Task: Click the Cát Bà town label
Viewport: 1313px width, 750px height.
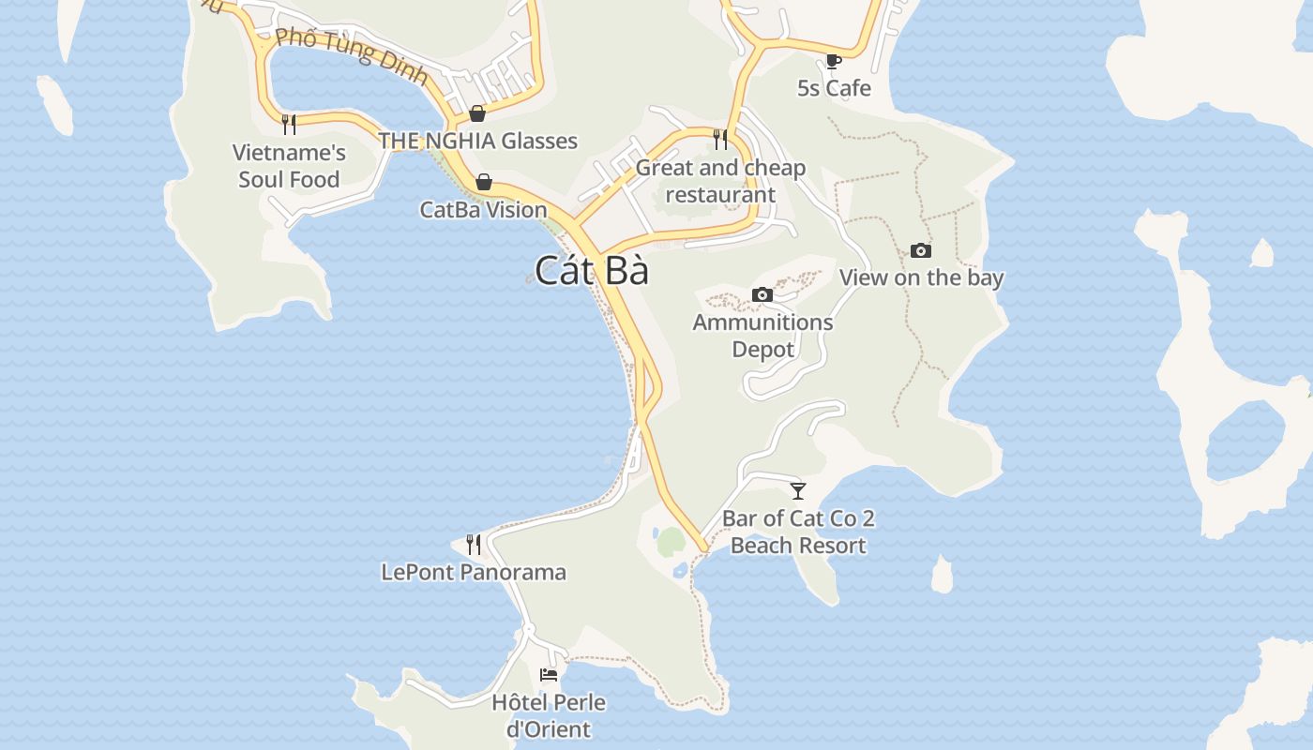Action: [x=592, y=270]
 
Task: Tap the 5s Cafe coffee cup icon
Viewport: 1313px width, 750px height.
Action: [x=833, y=62]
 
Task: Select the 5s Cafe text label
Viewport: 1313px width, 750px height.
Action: [x=834, y=88]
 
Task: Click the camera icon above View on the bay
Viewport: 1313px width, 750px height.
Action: [x=921, y=250]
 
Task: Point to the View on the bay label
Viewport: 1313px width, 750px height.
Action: [x=921, y=277]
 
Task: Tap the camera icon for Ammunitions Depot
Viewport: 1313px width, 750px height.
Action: [x=762, y=295]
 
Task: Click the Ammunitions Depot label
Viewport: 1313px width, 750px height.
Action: [x=762, y=336]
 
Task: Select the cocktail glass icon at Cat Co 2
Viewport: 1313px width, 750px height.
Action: [x=798, y=490]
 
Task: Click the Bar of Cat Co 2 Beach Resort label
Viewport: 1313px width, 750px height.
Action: [x=798, y=532]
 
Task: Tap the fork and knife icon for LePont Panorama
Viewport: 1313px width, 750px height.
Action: [x=474, y=544]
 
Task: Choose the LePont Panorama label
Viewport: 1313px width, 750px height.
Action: [x=474, y=572]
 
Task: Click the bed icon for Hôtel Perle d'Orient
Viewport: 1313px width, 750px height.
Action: [x=549, y=675]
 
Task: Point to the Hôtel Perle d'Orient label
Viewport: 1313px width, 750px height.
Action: [x=549, y=715]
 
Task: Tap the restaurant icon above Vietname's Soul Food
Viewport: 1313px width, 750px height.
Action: [x=289, y=124]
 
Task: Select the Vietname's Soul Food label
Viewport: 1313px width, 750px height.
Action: [x=289, y=166]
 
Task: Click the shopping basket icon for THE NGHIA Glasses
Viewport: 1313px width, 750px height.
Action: [x=477, y=113]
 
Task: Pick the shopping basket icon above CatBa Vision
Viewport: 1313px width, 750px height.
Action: [x=484, y=182]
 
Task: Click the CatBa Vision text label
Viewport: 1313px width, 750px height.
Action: [x=483, y=209]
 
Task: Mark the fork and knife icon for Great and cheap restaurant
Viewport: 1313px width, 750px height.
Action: [x=720, y=140]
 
